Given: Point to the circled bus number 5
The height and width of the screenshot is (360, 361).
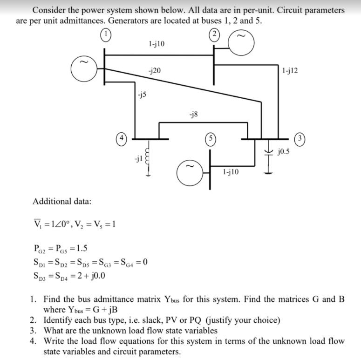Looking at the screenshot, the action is pyautogui.click(x=211, y=139).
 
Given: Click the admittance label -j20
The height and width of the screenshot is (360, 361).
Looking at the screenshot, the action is pyautogui.click(x=154, y=71).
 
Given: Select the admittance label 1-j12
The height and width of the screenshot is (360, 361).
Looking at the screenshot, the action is pyautogui.click(x=290, y=71).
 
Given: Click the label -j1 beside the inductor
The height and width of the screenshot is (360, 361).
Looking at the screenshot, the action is pyautogui.click(x=136, y=159).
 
